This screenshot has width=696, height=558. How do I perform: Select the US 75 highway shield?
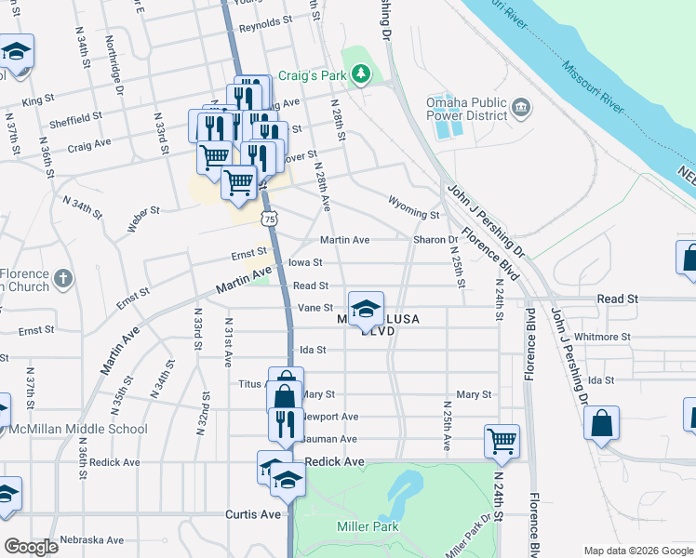click(x=269, y=219)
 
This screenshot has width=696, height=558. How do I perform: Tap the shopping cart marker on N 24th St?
click(x=502, y=441)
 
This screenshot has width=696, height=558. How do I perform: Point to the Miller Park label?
click(x=367, y=526)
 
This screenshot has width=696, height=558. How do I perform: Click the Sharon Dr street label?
click(x=435, y=240)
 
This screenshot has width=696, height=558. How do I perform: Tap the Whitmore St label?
click(x=603, y=337)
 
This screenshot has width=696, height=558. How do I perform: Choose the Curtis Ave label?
click(x=252, y=514)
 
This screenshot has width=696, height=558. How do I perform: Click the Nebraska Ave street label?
click(x=91, y=539)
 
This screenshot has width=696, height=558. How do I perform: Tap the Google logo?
click(x=31, y=547)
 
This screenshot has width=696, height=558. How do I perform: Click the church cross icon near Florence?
click(x=62, y=278)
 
